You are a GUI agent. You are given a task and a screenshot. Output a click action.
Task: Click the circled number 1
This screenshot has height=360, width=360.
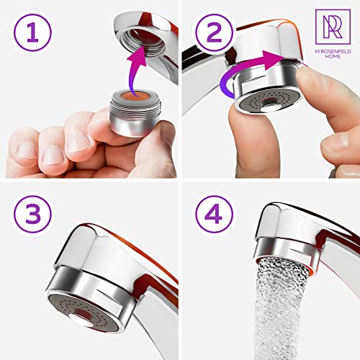(x=32, y=32)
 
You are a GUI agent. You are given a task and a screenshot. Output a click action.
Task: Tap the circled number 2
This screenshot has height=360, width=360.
(x=214, y=32)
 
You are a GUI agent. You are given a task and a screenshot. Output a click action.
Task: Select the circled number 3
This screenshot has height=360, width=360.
(x=32, y=214)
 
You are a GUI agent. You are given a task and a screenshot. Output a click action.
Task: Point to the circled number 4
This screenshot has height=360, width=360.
(x=214, y=214)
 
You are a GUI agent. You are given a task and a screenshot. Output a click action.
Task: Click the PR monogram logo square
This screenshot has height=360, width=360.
(x=333, y=27)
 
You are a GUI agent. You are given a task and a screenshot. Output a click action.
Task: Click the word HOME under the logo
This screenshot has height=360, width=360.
(x=333, y=56)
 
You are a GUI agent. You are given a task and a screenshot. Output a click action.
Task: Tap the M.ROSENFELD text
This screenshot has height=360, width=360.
(x=333, y=51)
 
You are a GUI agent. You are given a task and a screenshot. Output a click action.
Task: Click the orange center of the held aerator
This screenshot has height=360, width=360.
(x=135, y=96)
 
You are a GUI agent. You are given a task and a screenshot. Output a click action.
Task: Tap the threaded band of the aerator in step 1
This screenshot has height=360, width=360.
(x=135, y=110)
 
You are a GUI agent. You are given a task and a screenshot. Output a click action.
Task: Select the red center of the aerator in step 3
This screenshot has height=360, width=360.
(x=82, y=313)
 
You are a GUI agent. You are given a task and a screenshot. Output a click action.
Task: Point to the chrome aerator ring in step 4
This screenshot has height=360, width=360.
(x=287, y=250)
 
